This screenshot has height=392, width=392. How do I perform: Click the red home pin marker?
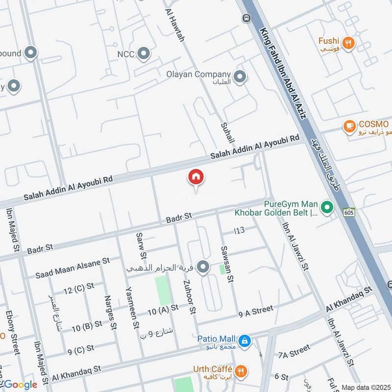tap(196, 177)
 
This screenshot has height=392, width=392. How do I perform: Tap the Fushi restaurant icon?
tap(349, 43)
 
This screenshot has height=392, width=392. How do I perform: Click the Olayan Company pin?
tap(240, 76)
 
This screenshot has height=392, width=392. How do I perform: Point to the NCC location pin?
tap(144, 53)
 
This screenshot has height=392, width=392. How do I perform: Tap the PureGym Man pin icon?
tap(327, 208)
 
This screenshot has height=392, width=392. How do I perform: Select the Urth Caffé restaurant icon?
tap(240, 370)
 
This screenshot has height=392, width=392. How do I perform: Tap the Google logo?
tap(19, 385)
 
